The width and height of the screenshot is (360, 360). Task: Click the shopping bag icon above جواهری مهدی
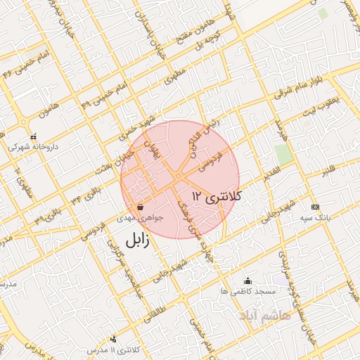141,207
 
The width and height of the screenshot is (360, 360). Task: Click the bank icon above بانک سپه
314,207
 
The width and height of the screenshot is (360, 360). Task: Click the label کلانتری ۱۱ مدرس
114,349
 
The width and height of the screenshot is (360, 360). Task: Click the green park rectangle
283,155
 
